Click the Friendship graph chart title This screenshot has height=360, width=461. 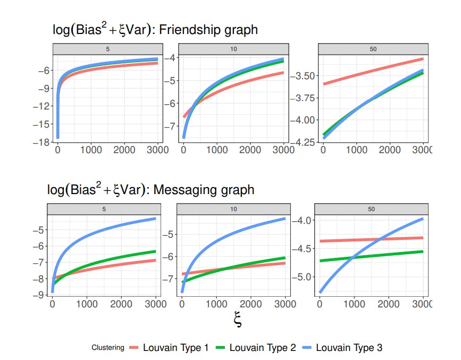(155, 30)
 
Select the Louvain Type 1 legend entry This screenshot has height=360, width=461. (176, 348)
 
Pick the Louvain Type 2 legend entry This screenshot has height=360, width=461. (262, 348)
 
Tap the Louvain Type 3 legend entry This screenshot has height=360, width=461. (349, 348)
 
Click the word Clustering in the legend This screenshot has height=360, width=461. (108, 348)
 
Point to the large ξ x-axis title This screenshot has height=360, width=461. (238, 320)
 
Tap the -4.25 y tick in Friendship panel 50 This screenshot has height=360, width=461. (305, 143)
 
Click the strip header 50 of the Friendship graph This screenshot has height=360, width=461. (372, 49)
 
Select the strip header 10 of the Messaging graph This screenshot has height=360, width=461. (233, 210)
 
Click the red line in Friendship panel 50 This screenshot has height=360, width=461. (372, 72)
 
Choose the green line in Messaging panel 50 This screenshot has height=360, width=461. (372, 256)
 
